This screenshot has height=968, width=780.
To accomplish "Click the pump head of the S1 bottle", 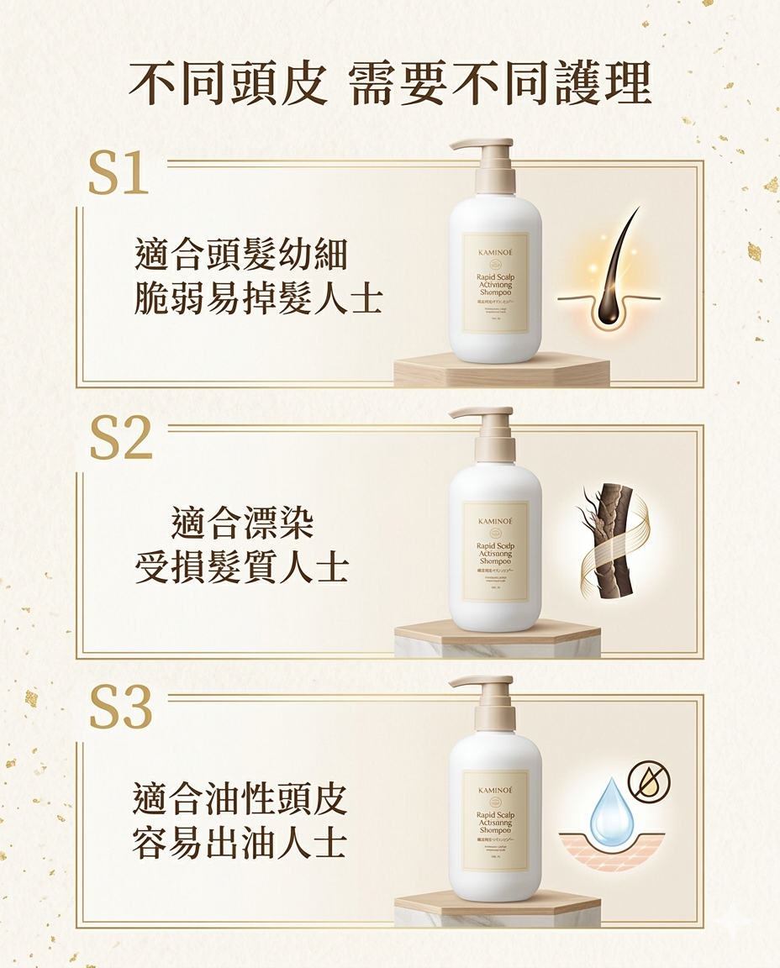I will [x=483, y=145].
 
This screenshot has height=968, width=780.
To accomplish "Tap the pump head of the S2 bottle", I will [x=483, y=413].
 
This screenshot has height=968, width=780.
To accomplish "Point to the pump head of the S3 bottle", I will [x=483, y=681].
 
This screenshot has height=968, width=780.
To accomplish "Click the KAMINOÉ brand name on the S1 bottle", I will [x=495, y=251].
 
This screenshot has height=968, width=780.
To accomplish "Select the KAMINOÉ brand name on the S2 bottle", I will [x=495, y=521].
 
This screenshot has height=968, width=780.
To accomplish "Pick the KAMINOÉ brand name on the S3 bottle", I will [x=495, y=790].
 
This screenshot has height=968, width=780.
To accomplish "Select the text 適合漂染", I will [x=242, y=522].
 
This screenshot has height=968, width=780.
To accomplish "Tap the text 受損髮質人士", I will [x=242, y=567].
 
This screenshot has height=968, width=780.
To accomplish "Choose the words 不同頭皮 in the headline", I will [x=228, y=84].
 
